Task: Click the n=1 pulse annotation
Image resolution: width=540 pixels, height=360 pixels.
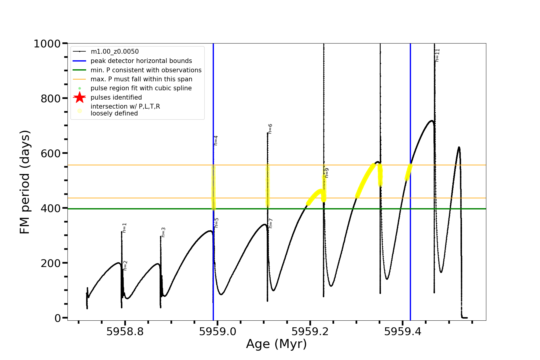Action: pos(124,228)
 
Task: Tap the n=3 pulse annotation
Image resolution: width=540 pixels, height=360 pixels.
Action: pos(163,232)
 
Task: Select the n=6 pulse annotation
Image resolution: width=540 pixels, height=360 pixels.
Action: pos(270,129)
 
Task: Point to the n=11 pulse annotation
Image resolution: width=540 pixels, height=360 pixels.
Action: pos(437,55)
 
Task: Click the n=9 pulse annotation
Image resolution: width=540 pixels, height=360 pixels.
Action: pos(327,173)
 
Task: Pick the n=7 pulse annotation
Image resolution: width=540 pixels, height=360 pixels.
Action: pos(271,223)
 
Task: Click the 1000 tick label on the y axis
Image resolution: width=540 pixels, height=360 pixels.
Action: pos(47,44)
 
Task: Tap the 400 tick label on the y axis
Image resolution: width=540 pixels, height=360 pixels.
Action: pos(51,208)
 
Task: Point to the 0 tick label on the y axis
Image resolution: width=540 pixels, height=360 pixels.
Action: pos(58,318)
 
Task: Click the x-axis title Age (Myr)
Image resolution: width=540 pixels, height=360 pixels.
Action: pos(276,344)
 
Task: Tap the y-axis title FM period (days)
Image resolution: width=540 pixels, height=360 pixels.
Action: pos(25,182)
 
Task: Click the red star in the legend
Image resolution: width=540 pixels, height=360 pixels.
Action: pos(79,97)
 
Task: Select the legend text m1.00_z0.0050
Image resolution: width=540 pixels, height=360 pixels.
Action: pos(115,52)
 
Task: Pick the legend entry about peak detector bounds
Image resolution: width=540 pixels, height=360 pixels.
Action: pos(141,61)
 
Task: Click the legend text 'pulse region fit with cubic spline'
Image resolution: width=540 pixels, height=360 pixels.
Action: pos(141,88)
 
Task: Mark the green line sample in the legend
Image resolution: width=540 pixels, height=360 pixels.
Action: pos(79,70)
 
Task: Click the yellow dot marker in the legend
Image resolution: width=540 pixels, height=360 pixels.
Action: pos(79,111)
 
